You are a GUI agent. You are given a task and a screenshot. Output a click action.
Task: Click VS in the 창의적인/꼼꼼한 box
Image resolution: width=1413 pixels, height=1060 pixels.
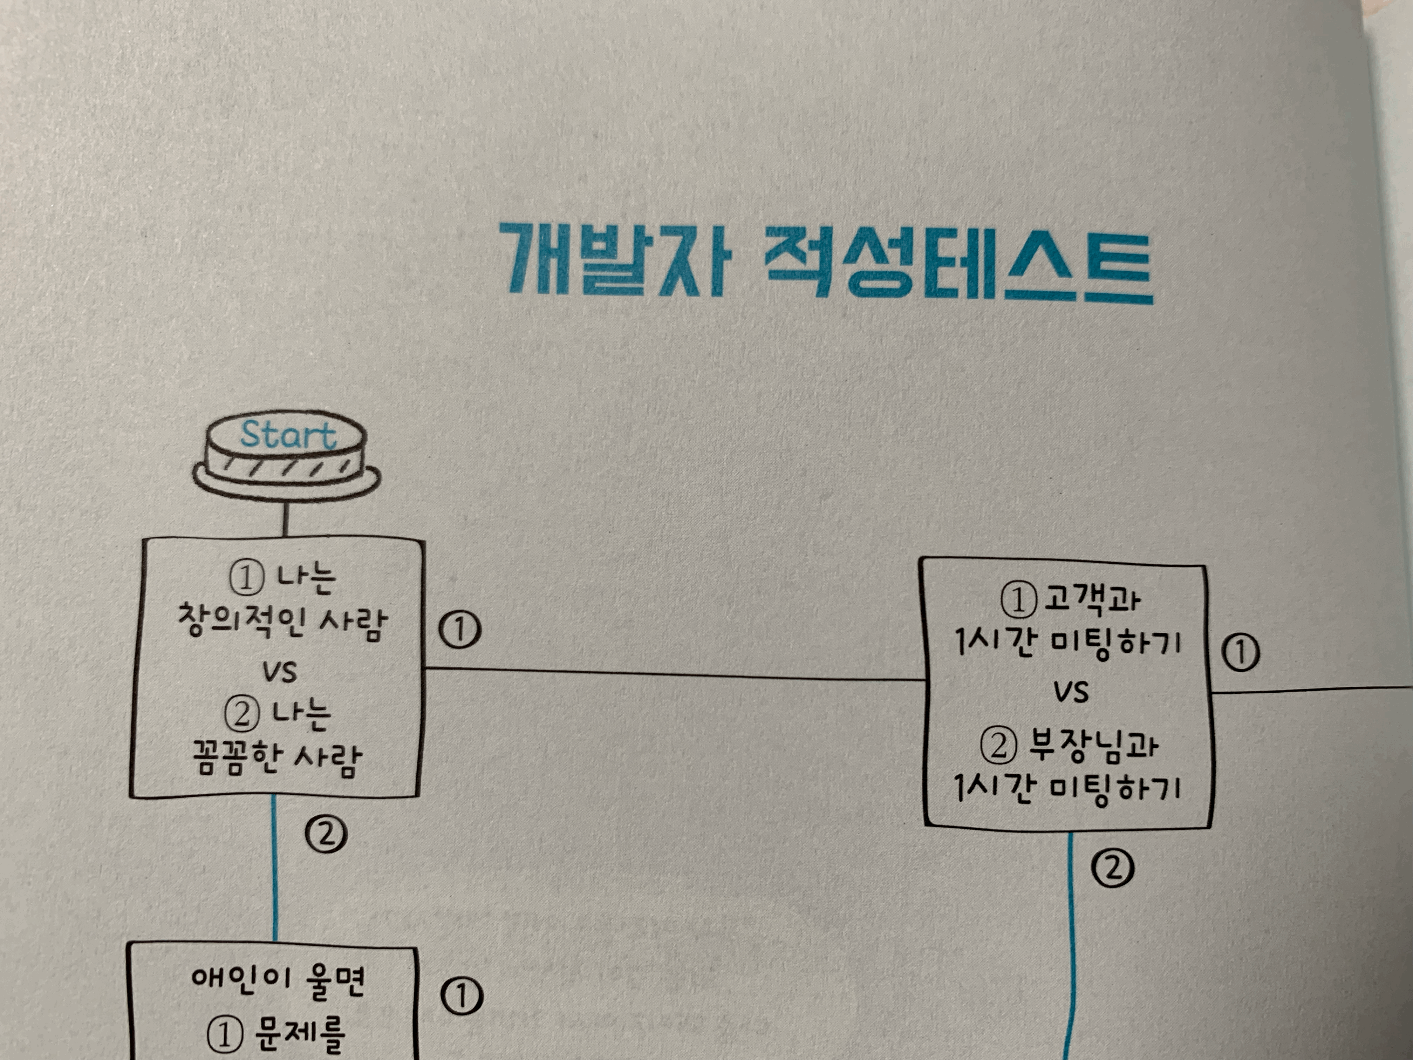279,672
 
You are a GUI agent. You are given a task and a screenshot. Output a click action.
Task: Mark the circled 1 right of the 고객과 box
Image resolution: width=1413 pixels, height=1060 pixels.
1241,652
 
